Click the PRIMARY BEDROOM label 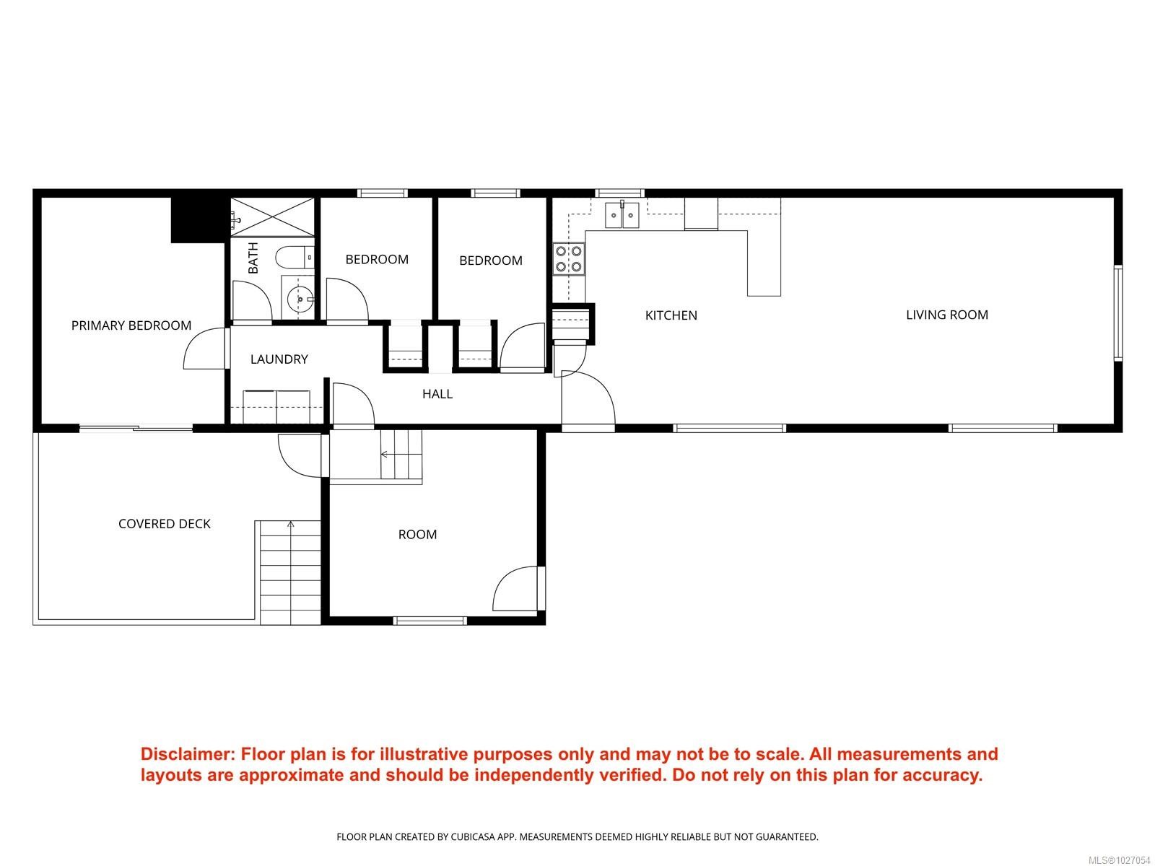click(131, 325)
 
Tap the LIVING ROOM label click(946, 315)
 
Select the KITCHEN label click(671, 315)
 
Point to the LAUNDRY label click(279, 359)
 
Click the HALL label click(437, 393)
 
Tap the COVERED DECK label click(165, 524)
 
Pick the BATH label click(253, 258)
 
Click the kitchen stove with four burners click(568, 258)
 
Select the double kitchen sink click(622, 214)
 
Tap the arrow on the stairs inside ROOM click(385, 455)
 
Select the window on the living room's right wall click(1118, 312)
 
